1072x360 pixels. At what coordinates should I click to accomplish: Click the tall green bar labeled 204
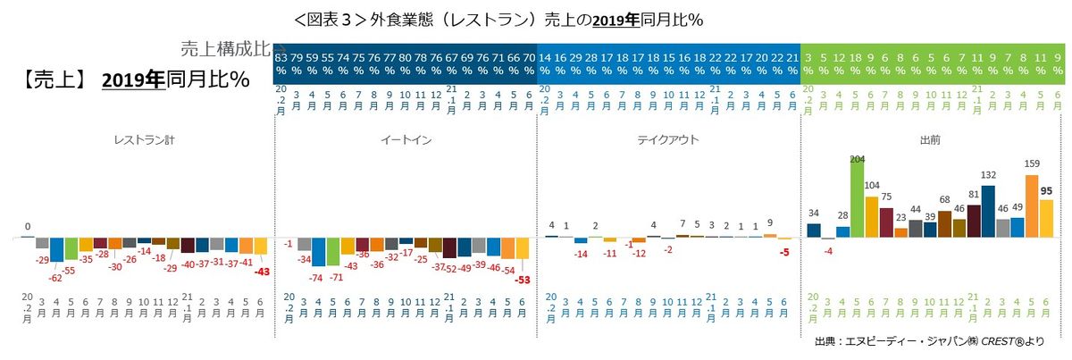[857, 202]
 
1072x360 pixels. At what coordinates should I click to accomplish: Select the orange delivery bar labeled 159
[1032, 205]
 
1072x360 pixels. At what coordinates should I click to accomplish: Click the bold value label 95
[1047, 190]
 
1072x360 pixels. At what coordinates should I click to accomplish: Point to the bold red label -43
[262, 272]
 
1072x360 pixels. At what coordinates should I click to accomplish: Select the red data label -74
[315, 278]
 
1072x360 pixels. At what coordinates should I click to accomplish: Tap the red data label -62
[55, 278]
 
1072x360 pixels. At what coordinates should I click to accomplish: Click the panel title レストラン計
[138, 140]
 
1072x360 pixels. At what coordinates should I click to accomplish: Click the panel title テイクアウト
[667, 140]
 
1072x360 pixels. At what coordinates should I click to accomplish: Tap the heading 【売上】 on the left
[54, 80]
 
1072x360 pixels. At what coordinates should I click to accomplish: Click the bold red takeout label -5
[783, 252]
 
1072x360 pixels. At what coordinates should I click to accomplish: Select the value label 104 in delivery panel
[872, 187]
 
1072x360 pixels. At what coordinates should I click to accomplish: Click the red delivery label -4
[828, 251]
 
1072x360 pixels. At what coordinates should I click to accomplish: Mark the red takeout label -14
[581, 255]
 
